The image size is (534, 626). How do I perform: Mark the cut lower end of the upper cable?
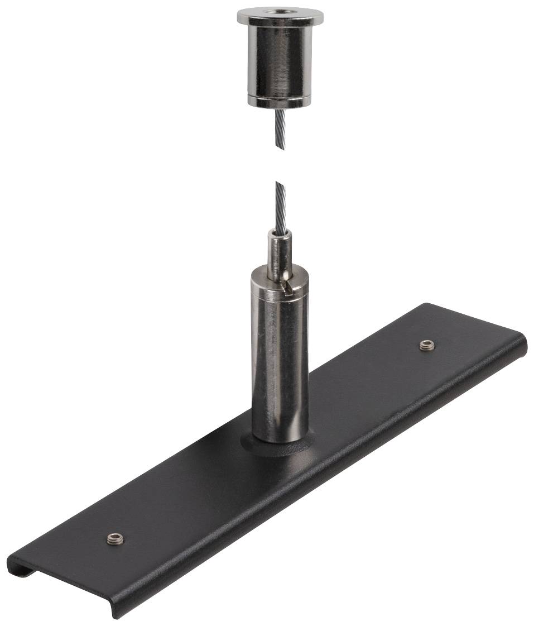click(x=281, y=146)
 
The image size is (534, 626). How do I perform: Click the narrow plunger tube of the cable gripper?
click(x=277, y=254)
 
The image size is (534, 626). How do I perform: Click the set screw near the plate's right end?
click(x=427, y=345)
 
